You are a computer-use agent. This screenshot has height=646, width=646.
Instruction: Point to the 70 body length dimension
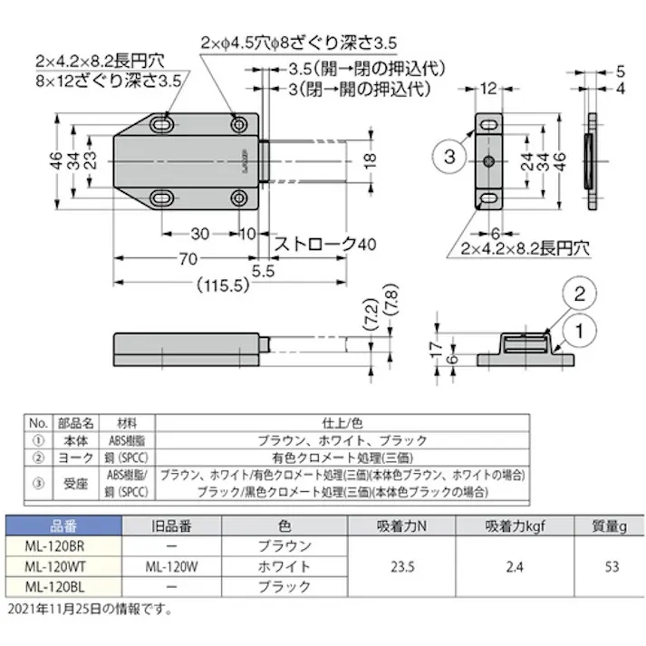[x=188, y=260]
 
